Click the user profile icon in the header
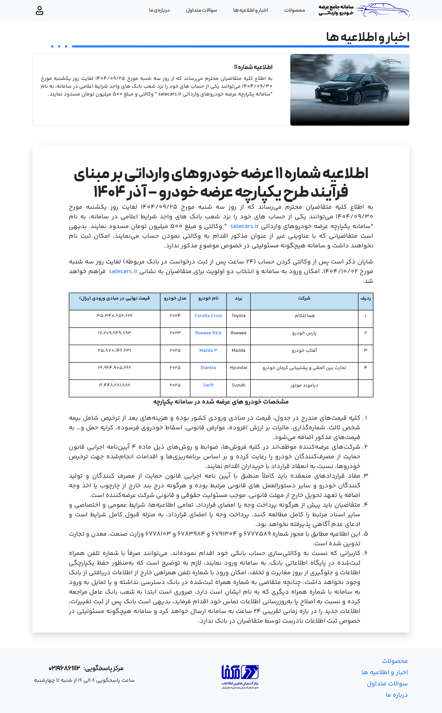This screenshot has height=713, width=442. [x=39, y=11]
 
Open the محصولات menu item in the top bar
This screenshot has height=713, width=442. [x=294, y=10]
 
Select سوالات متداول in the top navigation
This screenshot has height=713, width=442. [x=201, y=10]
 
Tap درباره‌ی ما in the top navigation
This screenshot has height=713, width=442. [x=159, y=10]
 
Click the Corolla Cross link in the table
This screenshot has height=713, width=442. [x=208, y=315]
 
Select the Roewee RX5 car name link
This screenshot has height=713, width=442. [x=208, y=333]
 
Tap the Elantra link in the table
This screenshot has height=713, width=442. [x=208, y=367]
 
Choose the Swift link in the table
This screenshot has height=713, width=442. [x=208, y=385]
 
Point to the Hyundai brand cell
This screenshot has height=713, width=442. [x=238, y=367]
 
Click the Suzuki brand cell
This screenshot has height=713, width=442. [x=238, y=385]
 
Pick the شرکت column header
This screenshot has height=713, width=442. [x=304, y=298]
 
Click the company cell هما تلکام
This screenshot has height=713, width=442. [x=304, y=315]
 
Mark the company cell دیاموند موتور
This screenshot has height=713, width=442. [x=304, y=385]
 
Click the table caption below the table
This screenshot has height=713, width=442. [x=221, y=402]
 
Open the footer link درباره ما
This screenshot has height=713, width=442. [x=396, y=695]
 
